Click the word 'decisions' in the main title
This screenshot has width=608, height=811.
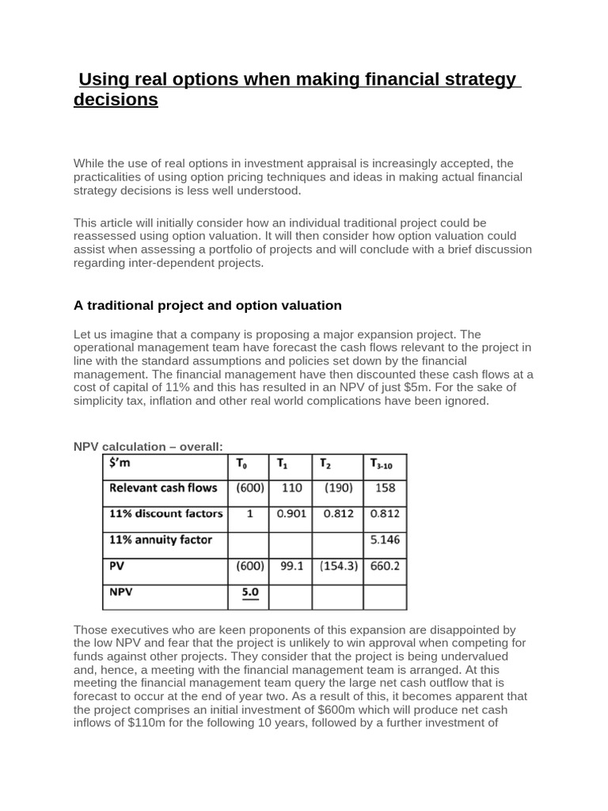116,101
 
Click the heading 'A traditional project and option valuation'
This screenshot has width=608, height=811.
207,305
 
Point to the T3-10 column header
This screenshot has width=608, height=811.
385,465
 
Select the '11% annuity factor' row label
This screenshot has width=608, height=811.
160,540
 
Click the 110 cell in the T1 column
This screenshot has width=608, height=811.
291,489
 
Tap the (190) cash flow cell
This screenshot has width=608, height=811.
337,489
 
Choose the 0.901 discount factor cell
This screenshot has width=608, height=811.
291,514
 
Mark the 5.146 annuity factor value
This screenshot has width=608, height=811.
385,540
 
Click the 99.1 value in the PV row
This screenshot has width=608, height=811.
291,566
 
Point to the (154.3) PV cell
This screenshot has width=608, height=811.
337,566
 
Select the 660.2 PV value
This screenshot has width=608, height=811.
385,566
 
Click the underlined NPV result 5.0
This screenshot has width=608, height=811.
250,592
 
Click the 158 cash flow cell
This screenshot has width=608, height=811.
385,489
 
